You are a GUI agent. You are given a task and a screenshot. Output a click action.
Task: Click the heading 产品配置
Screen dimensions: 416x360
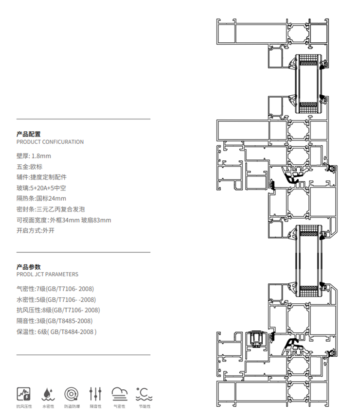29,134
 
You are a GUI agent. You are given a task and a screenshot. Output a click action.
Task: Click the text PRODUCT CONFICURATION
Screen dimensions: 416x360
50,142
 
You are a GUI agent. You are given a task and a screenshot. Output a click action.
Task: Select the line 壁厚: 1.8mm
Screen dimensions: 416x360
34,156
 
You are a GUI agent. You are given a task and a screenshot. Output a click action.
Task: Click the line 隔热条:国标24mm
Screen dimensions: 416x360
41,198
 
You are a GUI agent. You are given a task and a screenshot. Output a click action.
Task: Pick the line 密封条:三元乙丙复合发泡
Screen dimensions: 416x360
51,209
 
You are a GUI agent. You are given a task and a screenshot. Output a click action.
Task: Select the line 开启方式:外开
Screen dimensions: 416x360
36,230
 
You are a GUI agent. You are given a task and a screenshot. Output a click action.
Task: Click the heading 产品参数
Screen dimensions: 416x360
29,267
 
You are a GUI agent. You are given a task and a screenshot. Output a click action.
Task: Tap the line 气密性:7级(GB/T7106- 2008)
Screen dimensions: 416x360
55,289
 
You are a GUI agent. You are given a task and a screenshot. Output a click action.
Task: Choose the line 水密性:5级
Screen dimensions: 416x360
56,299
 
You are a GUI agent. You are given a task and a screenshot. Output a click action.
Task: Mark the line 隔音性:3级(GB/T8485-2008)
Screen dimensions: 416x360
54,321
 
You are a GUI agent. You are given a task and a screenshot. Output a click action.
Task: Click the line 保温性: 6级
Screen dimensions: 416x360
56,332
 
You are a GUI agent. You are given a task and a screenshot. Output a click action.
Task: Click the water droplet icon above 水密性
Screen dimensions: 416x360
48,393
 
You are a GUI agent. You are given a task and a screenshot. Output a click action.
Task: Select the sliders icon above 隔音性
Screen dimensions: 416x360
95,393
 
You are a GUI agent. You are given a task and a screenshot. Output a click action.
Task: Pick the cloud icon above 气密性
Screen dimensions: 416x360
119,393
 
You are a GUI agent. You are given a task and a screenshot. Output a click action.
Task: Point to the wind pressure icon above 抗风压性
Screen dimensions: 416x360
24,393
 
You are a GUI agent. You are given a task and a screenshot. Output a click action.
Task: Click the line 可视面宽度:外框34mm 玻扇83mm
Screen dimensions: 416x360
64,220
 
